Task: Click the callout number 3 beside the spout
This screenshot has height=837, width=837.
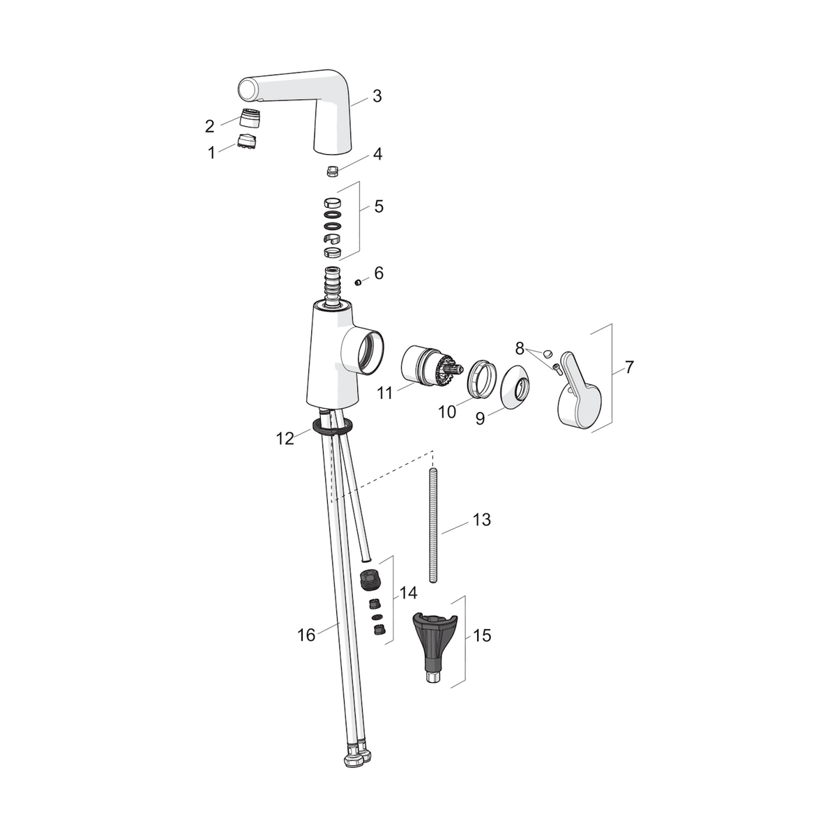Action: [x=377, y=96]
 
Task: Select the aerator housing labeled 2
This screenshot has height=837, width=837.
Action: [x=250, y=117]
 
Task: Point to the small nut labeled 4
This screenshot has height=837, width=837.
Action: [x=332, y=171]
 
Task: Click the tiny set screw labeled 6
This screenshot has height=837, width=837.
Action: [x=358, y=282]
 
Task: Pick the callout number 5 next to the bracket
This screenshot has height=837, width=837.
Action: [x=379, y=206]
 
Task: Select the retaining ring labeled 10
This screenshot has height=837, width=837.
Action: [x=482, y=378]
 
